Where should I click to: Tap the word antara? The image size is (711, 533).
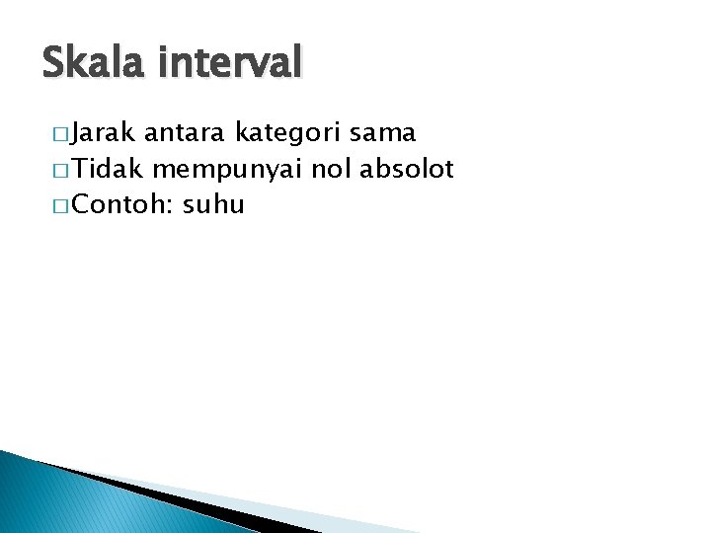pyautogui.click(x=185, y=132)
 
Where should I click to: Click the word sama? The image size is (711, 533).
pyautogui.click(x=385, y=132)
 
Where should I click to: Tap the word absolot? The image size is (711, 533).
pyautogui.click(x=406, y=169)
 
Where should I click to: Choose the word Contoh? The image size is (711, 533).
pyautogui.click(x=123, y=205)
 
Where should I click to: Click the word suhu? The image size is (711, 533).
pyautogui.click(x=213, y=205)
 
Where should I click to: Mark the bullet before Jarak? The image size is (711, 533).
pyautogui.click(x=55, y=133)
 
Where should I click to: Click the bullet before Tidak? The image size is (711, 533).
pyautogui.click(x=55, y=170)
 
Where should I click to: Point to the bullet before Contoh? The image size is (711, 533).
pyautogui.click(x=55, y=206)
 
